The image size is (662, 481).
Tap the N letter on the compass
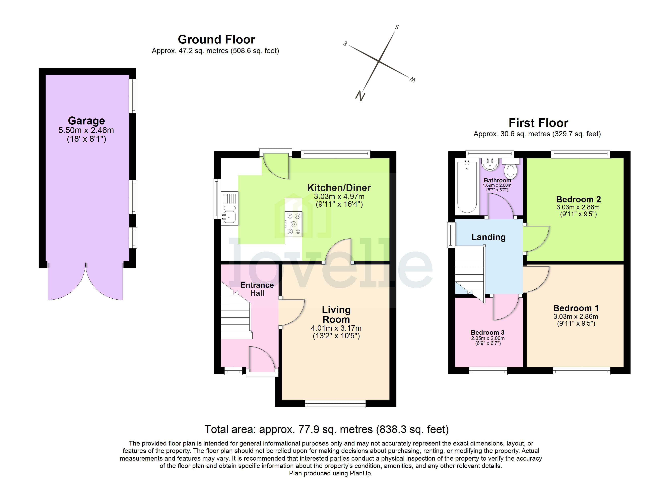point(360,96)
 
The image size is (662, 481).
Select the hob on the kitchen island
point(293,224)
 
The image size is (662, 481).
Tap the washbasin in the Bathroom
point(490,165)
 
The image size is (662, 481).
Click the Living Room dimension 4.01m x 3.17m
point(336,328)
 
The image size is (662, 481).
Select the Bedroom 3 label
point(487,332)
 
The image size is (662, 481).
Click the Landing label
point(488,237)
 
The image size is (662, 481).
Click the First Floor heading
point(538,123)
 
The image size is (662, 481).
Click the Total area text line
point(326,429)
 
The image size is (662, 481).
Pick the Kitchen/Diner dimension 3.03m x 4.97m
point(339,197)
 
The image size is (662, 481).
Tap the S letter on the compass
point(397,27)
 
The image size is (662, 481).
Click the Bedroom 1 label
point(576,308)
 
